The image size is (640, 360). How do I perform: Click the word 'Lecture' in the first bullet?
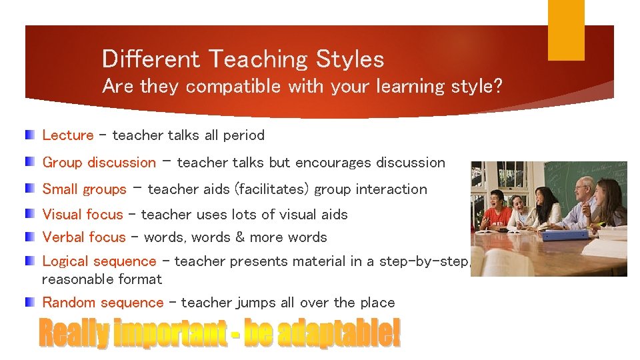coord(67,135)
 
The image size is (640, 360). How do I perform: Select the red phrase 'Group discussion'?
coord(99,163)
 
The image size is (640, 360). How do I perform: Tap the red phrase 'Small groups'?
coord(84,189)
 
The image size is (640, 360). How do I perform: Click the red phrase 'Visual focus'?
coord(82,215)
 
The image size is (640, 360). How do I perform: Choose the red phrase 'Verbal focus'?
coord(83,237)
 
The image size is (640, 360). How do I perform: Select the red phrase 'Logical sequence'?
coord(99,262)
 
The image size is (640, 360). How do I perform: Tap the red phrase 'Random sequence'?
coord(103,303)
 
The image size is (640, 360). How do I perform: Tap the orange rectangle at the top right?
coord(566,30)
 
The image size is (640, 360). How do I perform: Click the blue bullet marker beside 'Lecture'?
coord(31,135)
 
